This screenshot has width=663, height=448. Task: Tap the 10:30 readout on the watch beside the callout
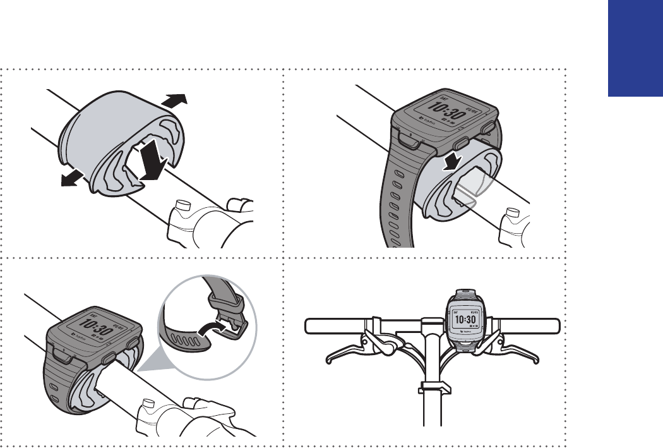click(90, 326)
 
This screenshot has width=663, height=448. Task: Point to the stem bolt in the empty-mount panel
click(182, 206)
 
